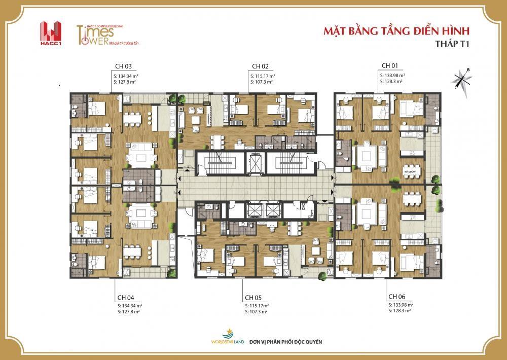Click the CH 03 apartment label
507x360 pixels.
click(123, 66)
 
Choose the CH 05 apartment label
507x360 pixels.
click(252, 297)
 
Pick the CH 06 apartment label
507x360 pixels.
click(396, 296)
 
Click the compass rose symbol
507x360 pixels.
click(463, 78)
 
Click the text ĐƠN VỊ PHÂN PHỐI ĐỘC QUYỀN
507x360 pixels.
click(285, 342)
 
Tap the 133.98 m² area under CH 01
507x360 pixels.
click(391, 75)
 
